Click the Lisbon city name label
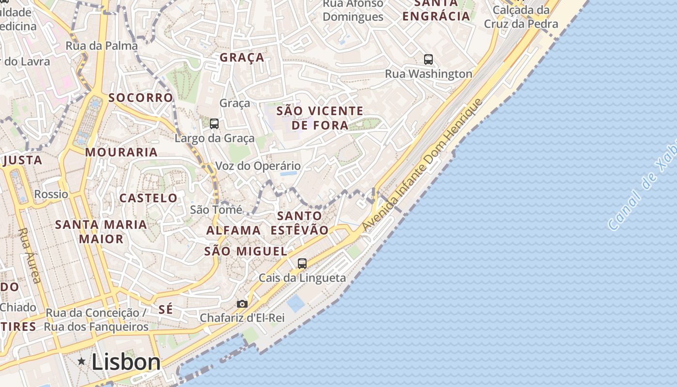(x=126, y=362)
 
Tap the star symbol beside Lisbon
(x=82, y=361)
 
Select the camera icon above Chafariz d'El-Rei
(x=242, y=304)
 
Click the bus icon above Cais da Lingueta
(x=302, y=264)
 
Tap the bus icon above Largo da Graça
(x=214, y=124)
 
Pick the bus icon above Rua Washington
(x=428, y=60)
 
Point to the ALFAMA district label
(x=234, y=230)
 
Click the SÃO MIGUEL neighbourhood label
(x=246, y=251)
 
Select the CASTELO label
(x=148, y=198)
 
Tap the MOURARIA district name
(x=121, y=152)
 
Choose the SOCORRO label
(x=140, y=98)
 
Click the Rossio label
(x=51, y=194)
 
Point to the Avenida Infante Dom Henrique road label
(x=422, y=165)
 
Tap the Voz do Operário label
(x=258, y=166)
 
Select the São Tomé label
(x=216, y=209)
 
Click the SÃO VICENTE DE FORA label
(x=320, y=118)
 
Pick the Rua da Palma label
(x=102, y=46)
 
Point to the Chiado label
(x=18, y=307)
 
